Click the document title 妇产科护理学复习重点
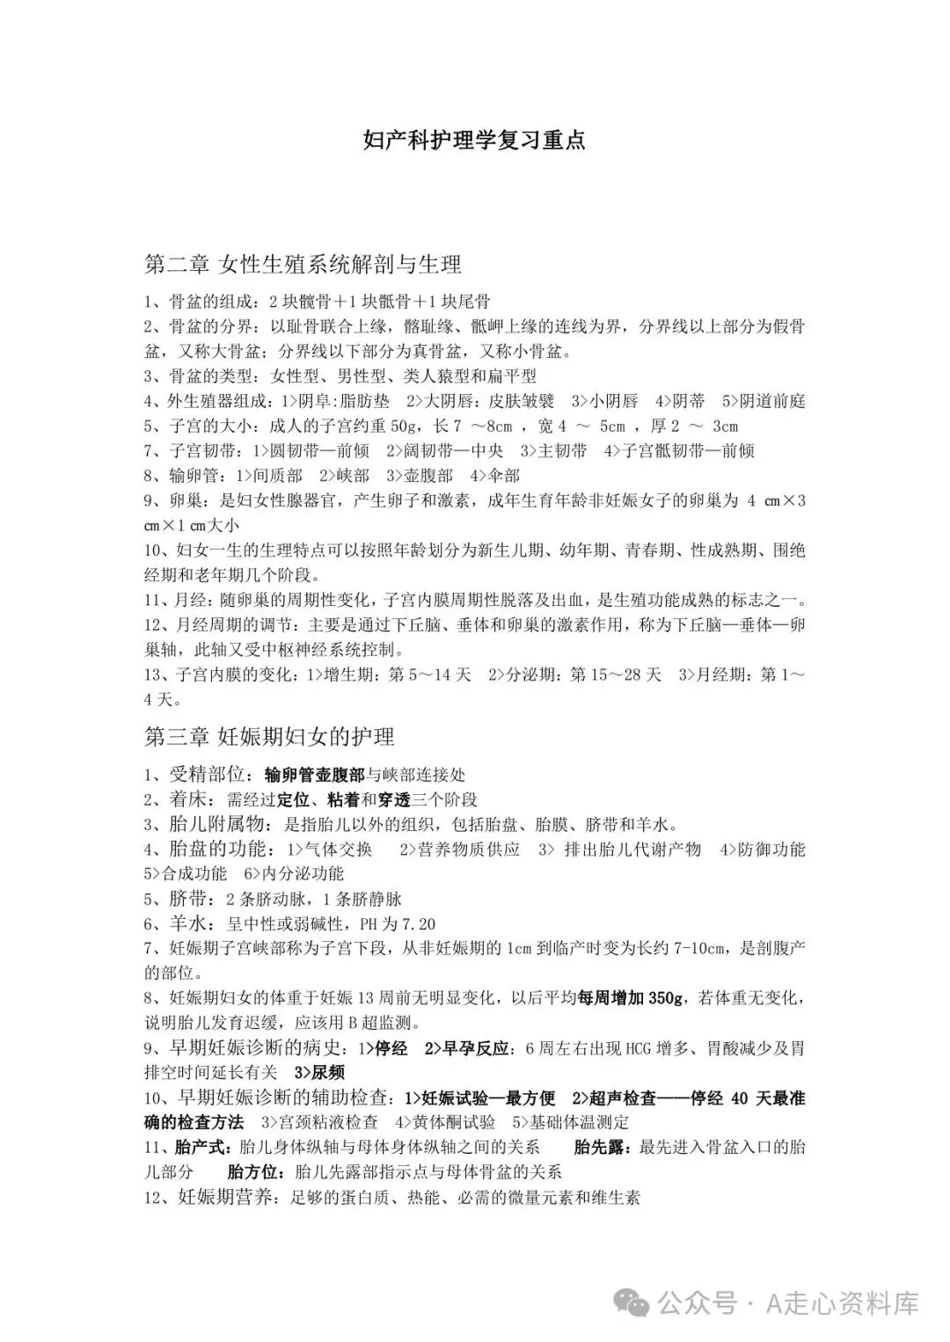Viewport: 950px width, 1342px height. [474, 141]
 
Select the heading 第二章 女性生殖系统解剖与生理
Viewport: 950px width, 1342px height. [303, 263]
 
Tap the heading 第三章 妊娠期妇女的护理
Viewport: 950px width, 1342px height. [269, 735]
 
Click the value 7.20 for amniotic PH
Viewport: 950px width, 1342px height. [417, 924]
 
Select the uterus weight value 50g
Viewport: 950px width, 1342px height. [402, 427]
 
